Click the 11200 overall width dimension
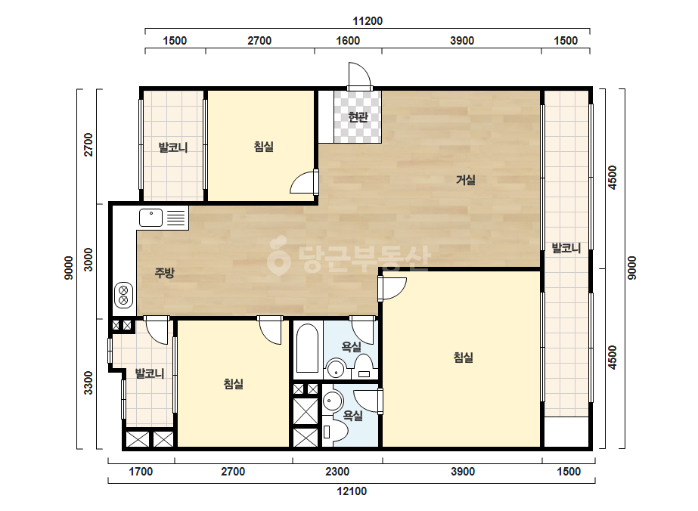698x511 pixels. tap(368, 21)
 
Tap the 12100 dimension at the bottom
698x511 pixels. tap(352, 491)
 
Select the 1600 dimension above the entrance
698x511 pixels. tap(348, 41)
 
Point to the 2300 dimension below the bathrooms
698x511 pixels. tap(337, 472)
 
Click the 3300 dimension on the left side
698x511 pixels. tap(88, 382)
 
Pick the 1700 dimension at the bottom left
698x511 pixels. tap(141, 472)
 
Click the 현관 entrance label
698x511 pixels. tap(358, 117)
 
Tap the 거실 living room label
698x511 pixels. tap(466, 180)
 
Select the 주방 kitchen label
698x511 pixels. tap(164, 272)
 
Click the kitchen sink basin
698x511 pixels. tap(151, 218)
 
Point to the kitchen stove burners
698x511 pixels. tap(124, 296)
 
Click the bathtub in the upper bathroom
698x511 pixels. tap(307, 348)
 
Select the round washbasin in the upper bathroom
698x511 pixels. tap(335, 369)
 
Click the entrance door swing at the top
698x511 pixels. tap(359, 76)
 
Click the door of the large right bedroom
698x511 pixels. tap(392, 289)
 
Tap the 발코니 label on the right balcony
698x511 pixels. tap(566, 248)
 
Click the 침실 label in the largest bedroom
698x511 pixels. tap(463, 357)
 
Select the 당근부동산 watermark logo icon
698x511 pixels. tap(278, 255)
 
